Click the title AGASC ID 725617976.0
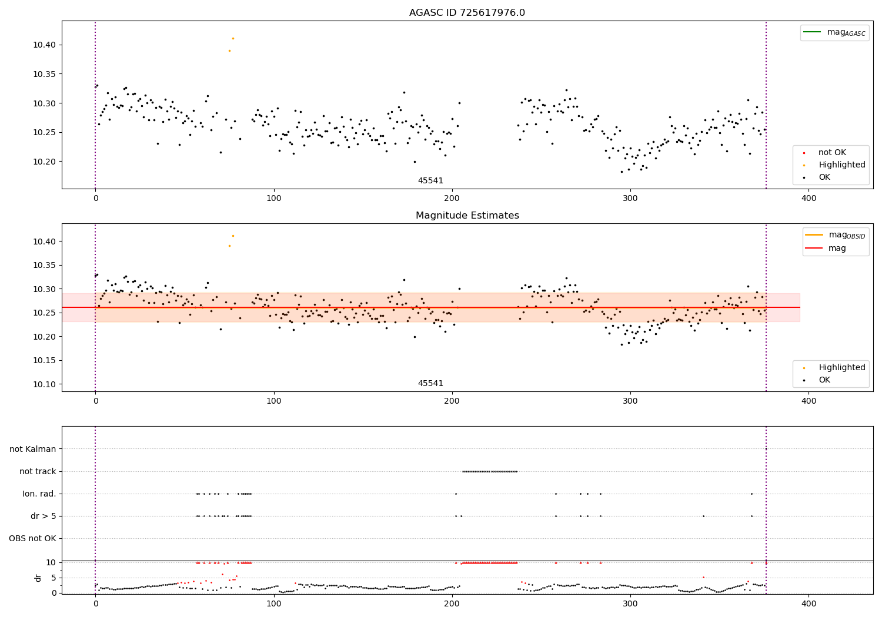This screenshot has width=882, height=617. (467, 13)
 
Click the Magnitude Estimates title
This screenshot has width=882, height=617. (467, 216)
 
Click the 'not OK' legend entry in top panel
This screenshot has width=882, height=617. (832, 153)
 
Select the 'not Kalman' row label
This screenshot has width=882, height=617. (33, 449)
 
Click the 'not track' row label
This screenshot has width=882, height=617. (38, 471)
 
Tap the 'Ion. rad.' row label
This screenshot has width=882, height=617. (39, 494)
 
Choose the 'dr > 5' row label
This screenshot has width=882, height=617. (44, 516)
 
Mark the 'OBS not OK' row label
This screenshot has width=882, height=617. (33, 538)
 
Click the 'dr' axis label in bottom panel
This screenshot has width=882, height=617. (38, 578)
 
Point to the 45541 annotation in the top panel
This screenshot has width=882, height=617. (430, 181)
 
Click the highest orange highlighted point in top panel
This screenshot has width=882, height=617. (233, 38)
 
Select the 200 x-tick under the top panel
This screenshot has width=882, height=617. (452, 199)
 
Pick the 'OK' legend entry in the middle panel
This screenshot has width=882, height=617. (824, 380)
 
